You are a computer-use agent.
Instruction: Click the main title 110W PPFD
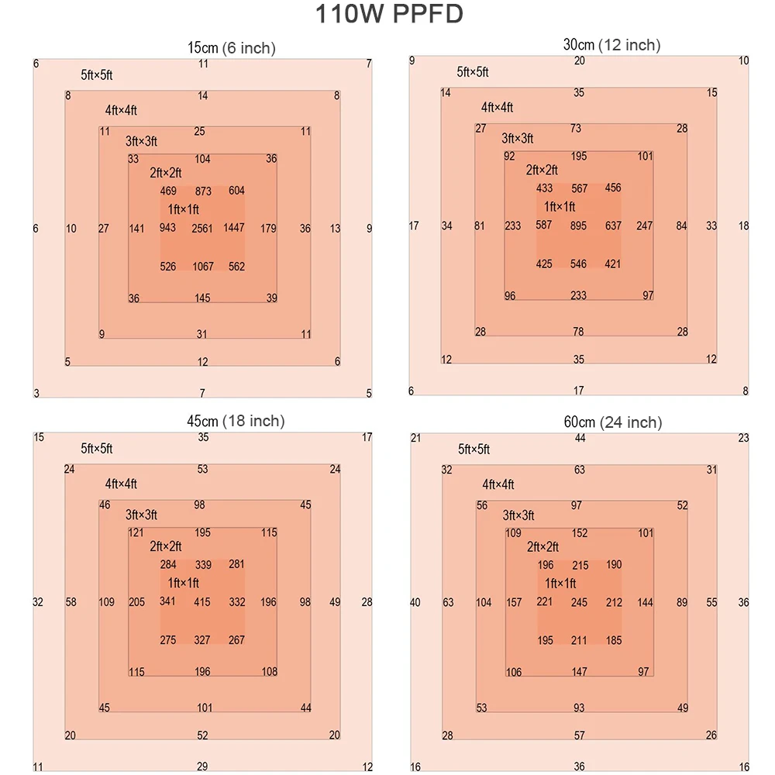388,15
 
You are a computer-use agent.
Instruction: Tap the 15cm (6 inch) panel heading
232,48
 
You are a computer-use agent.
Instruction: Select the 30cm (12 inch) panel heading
611,45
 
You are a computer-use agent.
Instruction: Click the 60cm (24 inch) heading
612,422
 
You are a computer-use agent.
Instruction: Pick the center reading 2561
202,229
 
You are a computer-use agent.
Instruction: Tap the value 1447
234,228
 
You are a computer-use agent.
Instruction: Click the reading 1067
202,267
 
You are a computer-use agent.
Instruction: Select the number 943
167,228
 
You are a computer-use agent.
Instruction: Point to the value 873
203,191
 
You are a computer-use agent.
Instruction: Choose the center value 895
579,226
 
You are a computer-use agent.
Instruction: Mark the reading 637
613,226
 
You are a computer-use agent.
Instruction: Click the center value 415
202,602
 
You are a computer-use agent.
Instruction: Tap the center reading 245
579,602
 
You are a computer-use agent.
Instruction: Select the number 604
236,191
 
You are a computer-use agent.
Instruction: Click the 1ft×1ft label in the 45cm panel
184,583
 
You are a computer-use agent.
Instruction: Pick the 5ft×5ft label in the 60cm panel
474,449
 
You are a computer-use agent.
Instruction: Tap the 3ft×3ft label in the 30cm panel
517,139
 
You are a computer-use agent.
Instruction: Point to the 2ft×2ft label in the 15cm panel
165,173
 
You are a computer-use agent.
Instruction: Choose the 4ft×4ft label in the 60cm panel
498,484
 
